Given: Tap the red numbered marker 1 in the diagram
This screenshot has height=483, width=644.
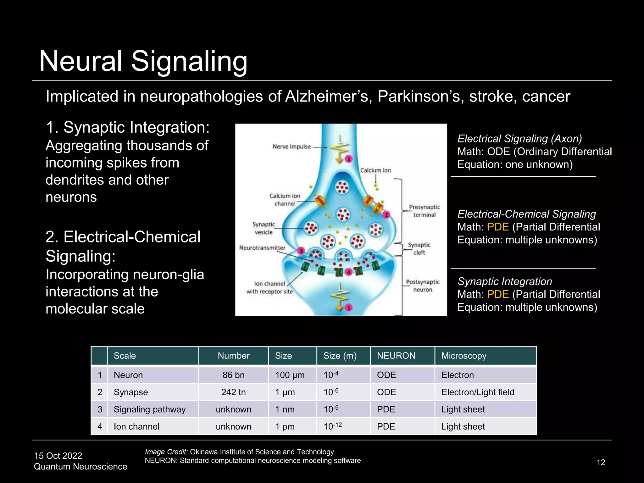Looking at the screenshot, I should point(348,159).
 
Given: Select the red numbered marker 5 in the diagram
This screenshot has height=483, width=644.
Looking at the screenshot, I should point(348,308).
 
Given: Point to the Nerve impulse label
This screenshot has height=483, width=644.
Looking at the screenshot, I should point(291,147).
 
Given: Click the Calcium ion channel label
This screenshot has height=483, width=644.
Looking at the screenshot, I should point(285,200).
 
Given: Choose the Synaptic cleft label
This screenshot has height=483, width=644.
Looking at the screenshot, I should point(419,248).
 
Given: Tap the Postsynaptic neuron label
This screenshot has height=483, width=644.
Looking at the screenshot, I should point(423,286).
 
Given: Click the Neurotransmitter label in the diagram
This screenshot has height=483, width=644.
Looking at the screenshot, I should point(262,248).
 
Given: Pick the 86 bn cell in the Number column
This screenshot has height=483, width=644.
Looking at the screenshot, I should point(233,375).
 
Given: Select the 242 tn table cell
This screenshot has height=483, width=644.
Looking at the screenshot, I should point(233,392).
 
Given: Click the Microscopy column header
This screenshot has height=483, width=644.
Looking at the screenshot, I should point(464,356).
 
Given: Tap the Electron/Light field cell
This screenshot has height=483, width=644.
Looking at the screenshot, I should point(478,392).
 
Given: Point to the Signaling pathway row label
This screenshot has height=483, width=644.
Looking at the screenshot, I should point(150,409).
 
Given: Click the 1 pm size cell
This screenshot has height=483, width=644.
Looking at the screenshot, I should point(285,427).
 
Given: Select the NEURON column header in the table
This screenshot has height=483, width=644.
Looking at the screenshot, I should point(396,356).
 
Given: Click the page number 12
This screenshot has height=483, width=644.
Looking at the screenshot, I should point(601,462).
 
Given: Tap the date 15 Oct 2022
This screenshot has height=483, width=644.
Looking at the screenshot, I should point(58,456).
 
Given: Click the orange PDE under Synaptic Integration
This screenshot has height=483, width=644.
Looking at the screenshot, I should point(498,294).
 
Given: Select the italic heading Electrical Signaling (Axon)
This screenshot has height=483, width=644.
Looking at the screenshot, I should point(519,139).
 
